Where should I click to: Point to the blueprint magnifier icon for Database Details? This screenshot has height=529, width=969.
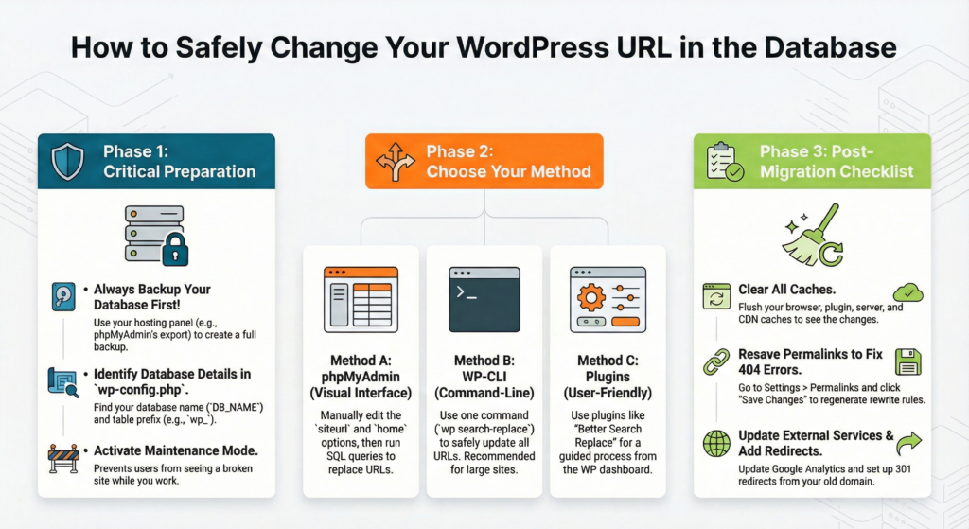[62, 381]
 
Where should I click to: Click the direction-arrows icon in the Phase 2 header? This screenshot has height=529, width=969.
[395, 161]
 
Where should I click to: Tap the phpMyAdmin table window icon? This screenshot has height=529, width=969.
[360, 298]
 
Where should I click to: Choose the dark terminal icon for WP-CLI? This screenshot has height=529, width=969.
[484, 298]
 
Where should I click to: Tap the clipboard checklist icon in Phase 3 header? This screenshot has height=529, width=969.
[722, 161]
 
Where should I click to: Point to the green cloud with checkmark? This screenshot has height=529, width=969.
[907, 292]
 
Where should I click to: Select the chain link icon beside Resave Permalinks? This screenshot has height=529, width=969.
[716, 361]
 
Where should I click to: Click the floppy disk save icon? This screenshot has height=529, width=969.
[907, 361]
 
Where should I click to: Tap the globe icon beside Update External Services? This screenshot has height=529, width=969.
[716, 443]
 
